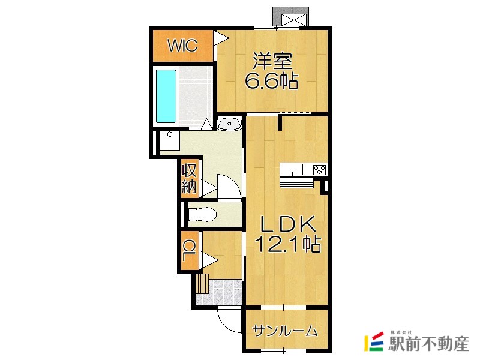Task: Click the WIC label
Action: coord(181,46)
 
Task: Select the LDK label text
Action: coord(287,224)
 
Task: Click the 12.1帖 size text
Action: coord(287,244)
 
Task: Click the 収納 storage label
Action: coord(190,178)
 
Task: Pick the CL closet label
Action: coord(190,249)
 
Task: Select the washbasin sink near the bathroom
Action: coord(229,124)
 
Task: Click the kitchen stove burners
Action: coord(319,169)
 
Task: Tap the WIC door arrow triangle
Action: coord(222,39)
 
